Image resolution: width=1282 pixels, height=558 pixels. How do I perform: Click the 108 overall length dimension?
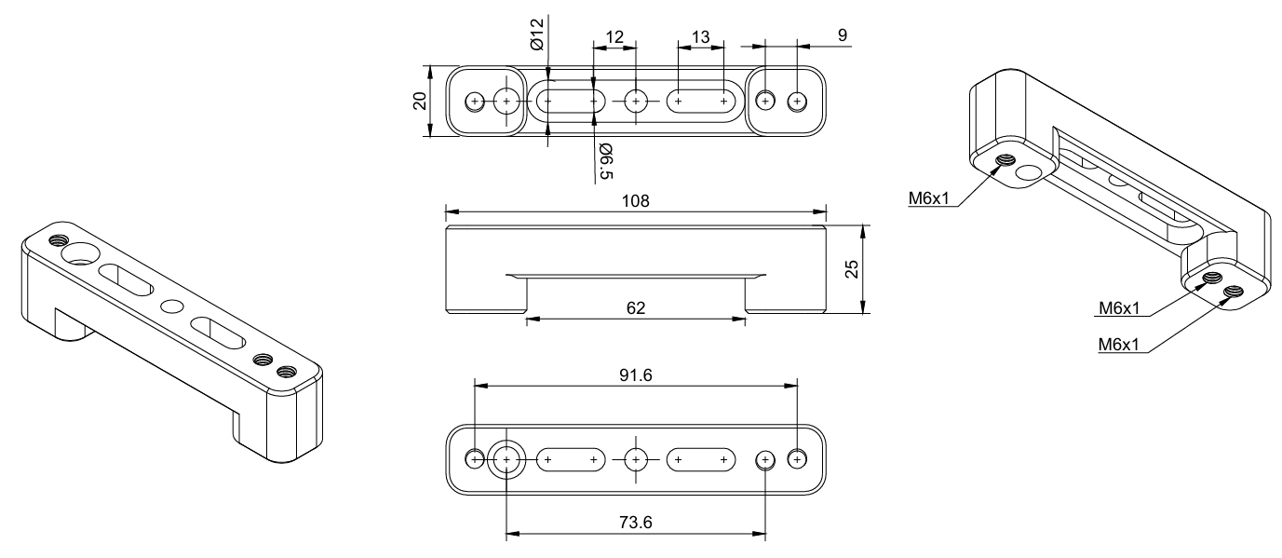pos(637,200)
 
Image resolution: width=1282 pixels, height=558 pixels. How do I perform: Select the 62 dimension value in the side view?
pos(637,307)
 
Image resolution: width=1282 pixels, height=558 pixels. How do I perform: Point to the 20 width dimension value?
pos(420,102)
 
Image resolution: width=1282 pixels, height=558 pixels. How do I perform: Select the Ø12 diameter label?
pos(537,33)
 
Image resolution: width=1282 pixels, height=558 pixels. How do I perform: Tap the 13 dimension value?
pos(701,36)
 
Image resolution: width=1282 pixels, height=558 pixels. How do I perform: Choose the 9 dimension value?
pos(843,35)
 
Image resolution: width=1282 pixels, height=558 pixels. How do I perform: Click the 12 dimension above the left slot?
pos(614,36)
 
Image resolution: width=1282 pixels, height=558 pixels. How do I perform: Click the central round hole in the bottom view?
pos(636,458)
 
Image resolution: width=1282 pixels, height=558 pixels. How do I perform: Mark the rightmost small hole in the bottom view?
pos(797,458)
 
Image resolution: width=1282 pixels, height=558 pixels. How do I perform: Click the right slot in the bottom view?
pos(701,458)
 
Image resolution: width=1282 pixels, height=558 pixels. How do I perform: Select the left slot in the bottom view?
pos(571,458)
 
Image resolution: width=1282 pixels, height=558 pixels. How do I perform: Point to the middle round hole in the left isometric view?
pos(172,305)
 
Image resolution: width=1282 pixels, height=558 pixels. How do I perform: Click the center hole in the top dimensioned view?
pos(636,100)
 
